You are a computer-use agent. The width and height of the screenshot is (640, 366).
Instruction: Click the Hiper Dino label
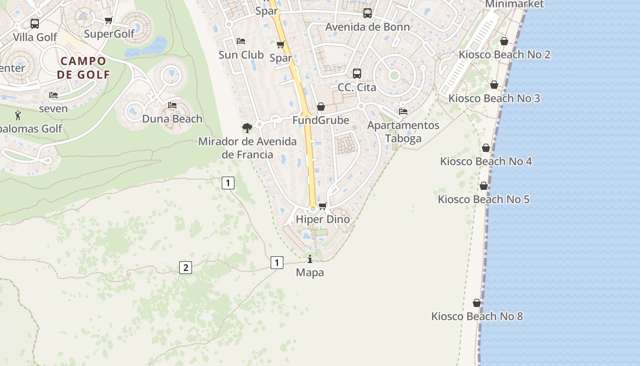point(323,219)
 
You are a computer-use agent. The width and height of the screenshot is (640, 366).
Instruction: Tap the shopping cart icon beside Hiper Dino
point(323,206)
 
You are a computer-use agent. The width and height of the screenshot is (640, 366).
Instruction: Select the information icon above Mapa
point(310,259)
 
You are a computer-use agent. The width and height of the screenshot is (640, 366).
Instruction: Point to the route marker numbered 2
point(185,268)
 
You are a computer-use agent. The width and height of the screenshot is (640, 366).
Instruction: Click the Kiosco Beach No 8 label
point(477,316)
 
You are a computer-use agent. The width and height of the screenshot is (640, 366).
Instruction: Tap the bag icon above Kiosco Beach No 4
point(486,148)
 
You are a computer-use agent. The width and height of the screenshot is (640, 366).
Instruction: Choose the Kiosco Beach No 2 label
point(505,54)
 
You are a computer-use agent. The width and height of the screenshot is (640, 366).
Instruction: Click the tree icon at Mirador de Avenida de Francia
point(247,128)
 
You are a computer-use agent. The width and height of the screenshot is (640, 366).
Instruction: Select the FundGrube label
point(321,120)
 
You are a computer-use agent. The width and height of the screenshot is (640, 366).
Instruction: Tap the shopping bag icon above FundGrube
point(321,107)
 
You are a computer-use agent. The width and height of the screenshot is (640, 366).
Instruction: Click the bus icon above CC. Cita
point(357,73)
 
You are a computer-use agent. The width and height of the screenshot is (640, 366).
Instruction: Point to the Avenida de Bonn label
point(368,27)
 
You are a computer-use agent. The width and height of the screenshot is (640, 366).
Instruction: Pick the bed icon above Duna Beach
point(172,105)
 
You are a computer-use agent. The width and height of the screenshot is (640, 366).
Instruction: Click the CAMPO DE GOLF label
point(84,68)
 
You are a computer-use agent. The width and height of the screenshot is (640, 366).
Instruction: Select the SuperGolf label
point(109,33)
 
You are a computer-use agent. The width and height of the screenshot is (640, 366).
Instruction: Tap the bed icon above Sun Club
point(241,41)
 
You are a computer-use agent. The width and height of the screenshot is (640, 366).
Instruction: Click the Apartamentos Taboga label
point(403,132)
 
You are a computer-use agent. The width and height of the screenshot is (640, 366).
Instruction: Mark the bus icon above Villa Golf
point(35,24)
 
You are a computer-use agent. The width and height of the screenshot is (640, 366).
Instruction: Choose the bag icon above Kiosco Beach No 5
point(484,186)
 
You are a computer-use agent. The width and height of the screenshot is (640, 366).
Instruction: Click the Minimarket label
point(514,4)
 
